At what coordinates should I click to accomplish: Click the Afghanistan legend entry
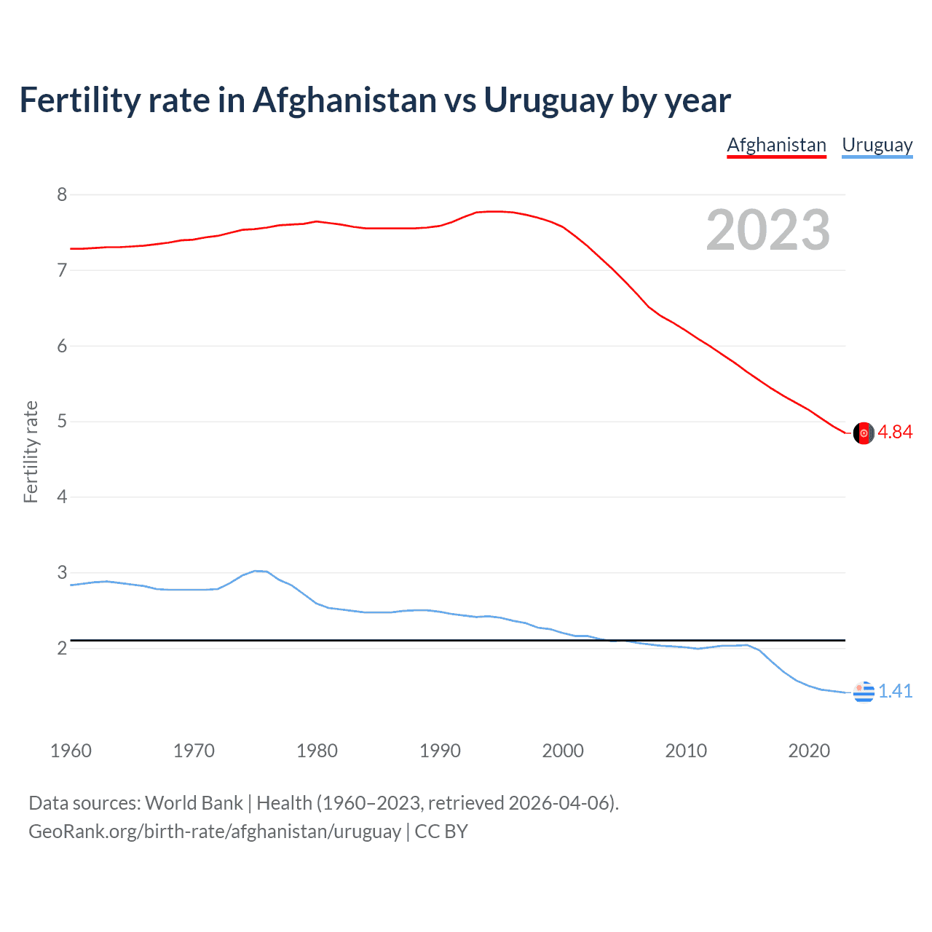coord(776,145)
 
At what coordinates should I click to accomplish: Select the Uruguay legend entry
coord(877,145)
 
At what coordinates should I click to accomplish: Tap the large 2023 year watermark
coord(767,230)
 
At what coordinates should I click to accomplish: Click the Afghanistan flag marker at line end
coord(864,433)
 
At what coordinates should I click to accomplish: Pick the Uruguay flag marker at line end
coord(864,692)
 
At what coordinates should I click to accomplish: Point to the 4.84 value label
coord(895,432)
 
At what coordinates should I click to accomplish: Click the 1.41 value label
coord(895,691)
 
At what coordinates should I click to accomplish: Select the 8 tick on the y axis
coord(62,194)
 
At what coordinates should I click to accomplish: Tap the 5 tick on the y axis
coord(62,422)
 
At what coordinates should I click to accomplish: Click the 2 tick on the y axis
coord(62,648)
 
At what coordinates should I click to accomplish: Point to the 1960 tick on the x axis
coord(71,751)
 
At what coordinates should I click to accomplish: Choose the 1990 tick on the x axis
coord(440,751)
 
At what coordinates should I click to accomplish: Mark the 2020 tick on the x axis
coord(809,751)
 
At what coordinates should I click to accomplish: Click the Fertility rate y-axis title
coord(31,451)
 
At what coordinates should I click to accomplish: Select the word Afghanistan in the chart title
coord(344,100)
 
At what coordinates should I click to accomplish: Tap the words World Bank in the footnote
coord(194,803)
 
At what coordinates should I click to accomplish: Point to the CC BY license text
coord(441,832)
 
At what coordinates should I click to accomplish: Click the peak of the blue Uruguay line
coord(256,571)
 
